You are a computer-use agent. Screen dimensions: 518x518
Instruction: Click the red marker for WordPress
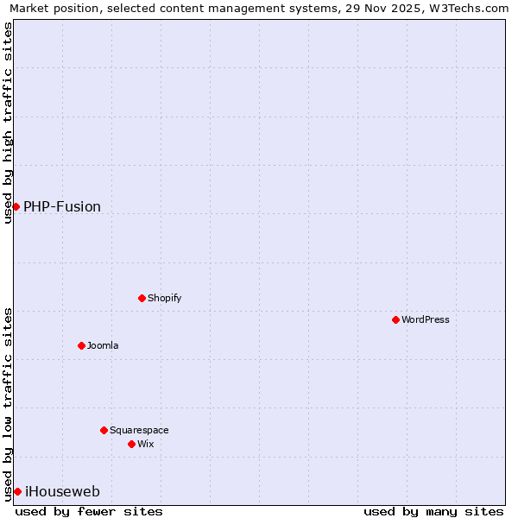coord(395,319)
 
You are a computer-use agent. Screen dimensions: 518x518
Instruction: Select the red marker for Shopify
coord(142,298)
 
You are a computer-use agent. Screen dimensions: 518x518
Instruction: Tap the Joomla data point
coord(81,345)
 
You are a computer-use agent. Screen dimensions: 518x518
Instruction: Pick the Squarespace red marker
coord(104,430)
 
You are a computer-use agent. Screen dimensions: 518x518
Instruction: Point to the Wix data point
coord(131,444)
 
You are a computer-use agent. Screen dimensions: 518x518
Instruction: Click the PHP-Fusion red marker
coord(16,206)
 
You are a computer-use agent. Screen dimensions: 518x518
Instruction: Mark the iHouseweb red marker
coord(17,491)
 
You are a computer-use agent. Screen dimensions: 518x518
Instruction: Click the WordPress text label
coord(426,319)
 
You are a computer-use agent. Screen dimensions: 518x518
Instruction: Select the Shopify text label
coord(165,298)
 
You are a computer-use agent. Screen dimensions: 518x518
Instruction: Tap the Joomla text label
coord(103,345)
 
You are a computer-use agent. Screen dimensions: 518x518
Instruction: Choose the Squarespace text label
coord(139,430)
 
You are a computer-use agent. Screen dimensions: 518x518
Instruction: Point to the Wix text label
coord(146,444)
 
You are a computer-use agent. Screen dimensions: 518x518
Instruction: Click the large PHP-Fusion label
coord(62,206)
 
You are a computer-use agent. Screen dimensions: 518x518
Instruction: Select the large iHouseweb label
coord(62,491)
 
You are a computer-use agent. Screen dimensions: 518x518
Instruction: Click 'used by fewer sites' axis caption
coord(89,511)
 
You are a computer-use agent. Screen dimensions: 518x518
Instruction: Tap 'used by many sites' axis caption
coord(433,511)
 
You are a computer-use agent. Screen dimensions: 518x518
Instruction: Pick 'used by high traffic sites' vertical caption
coord(8,123)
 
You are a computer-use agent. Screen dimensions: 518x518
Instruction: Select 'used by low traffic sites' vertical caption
coord(8,404)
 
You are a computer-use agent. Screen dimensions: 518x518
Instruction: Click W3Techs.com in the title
coord(471,8)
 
